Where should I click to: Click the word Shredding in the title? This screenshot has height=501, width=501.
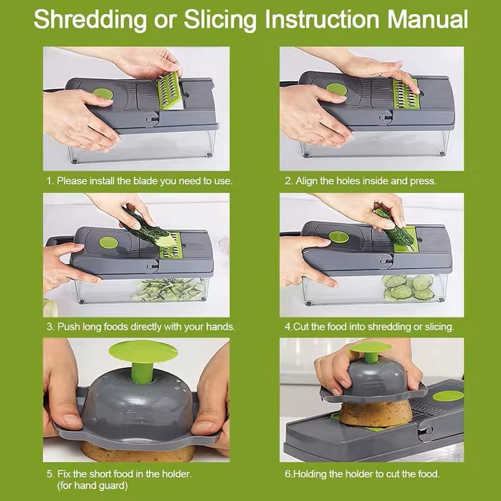[x=90, y=20]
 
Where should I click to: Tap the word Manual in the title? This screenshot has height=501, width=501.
[x=428, y=19]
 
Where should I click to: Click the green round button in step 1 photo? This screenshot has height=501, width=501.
[x=103, y=95]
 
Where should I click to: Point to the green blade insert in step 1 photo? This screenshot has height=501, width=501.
[x=169, y=90]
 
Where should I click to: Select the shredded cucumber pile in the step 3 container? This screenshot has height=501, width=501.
[x=168, y=289]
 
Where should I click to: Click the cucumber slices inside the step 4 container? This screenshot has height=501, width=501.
[x=408, y=287]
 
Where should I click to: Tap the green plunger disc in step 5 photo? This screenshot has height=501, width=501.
[x=143, y=351]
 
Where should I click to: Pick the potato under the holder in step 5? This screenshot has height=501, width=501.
[x=138, y=451]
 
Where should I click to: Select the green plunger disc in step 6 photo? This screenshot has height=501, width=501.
[x=371, y=347]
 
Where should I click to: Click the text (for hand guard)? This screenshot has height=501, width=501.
[x=92, y=486]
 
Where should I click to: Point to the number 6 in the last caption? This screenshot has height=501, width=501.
[x=287, y=473]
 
